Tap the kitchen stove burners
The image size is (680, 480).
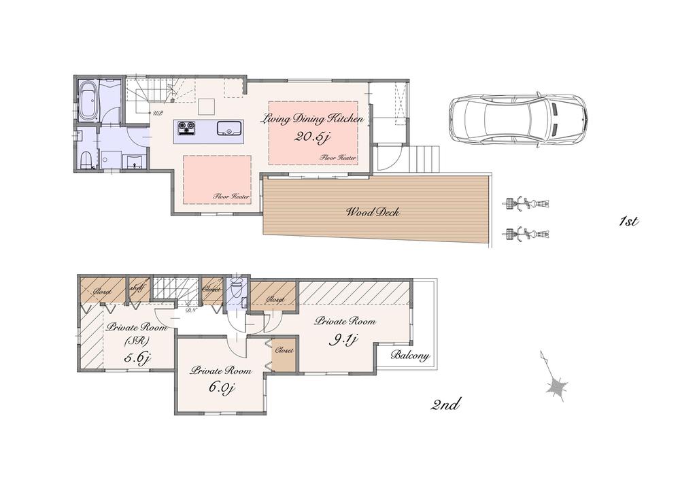pos(186,127)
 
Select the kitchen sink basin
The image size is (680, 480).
pos(227,128)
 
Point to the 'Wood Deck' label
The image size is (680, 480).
pos(373,213)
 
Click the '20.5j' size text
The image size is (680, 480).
pos(312,136)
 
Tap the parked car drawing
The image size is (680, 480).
pos(517,120)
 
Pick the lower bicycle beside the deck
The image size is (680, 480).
pos(526,234)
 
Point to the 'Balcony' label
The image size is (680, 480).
pos(410,356)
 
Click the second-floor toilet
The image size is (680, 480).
pos(237,289)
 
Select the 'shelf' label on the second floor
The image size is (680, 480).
pos(136,288)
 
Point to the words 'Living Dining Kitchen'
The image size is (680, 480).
pos(314,119)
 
